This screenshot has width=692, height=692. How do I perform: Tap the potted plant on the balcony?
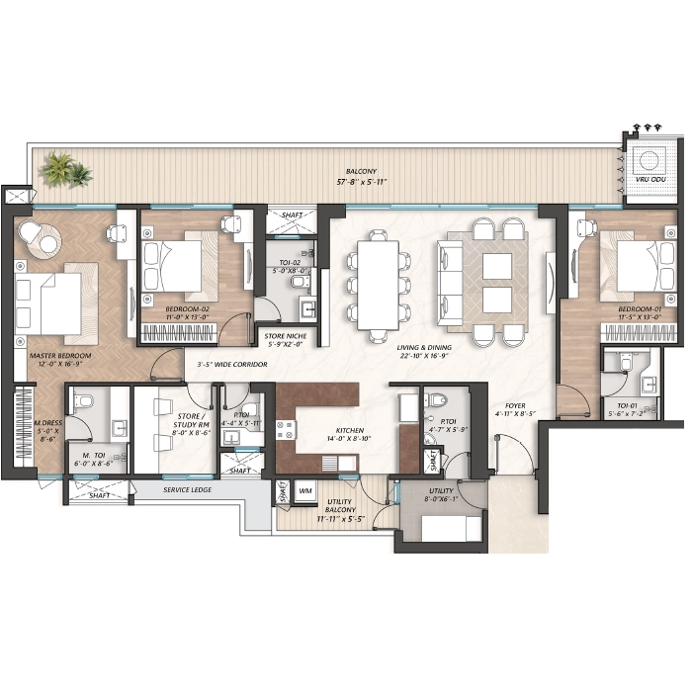click(68, 170)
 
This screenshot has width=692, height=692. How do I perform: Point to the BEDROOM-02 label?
click(188, 309)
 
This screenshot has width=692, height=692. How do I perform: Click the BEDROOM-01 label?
click(640, 309)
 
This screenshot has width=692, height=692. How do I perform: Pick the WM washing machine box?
click(304, 490)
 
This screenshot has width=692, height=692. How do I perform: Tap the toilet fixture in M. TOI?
click(83, 401)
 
